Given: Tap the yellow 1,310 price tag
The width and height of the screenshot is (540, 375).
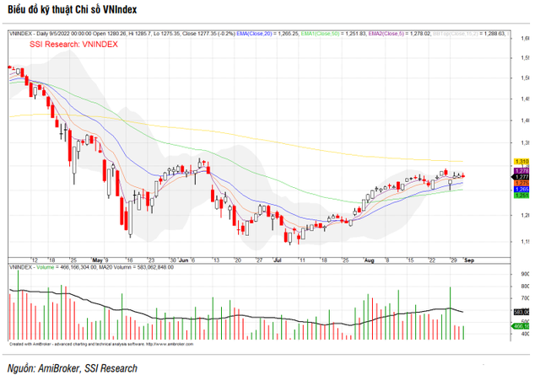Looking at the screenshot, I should click(x=521, y=161).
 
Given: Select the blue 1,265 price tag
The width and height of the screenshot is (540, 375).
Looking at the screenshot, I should click(x=521, y=190).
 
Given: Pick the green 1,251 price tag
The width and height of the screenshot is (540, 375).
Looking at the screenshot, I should click(x=521, y=196).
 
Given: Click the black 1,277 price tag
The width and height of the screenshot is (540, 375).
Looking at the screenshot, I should click(x=521, y=176).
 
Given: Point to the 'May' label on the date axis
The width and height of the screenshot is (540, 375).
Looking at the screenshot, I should click(x=98, y=260).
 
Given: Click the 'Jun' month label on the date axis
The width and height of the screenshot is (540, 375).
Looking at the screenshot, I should click(x=184, y=260).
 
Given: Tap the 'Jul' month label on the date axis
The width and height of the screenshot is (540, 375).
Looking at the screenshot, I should click(x=278, y=260).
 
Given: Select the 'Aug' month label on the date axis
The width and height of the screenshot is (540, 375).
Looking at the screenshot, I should click(x=369, y=260).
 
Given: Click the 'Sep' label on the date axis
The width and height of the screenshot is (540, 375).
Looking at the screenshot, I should click(x=469, y=260).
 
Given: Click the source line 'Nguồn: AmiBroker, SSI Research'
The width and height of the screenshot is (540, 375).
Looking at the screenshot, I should click(x=72, y=367).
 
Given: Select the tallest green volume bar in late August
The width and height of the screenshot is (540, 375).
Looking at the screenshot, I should click(x=451, y=313).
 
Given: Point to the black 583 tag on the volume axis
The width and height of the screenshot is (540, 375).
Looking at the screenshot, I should click(x=520, y=312).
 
